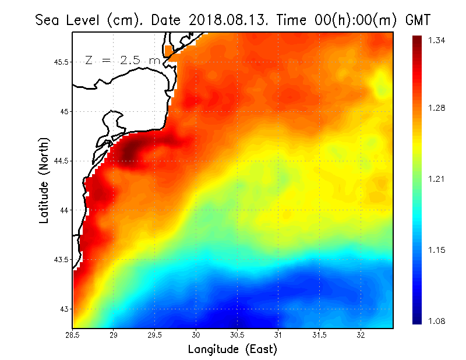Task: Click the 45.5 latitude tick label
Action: coord(59,62)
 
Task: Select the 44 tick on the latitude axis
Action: coord(63,210)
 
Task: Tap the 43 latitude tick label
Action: coord(63,309)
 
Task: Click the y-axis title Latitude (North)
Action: coord(44,180)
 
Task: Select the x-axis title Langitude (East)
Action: coord(232,350)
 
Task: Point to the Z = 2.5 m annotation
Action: coord(122,61)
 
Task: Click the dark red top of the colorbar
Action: coord(417,40)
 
